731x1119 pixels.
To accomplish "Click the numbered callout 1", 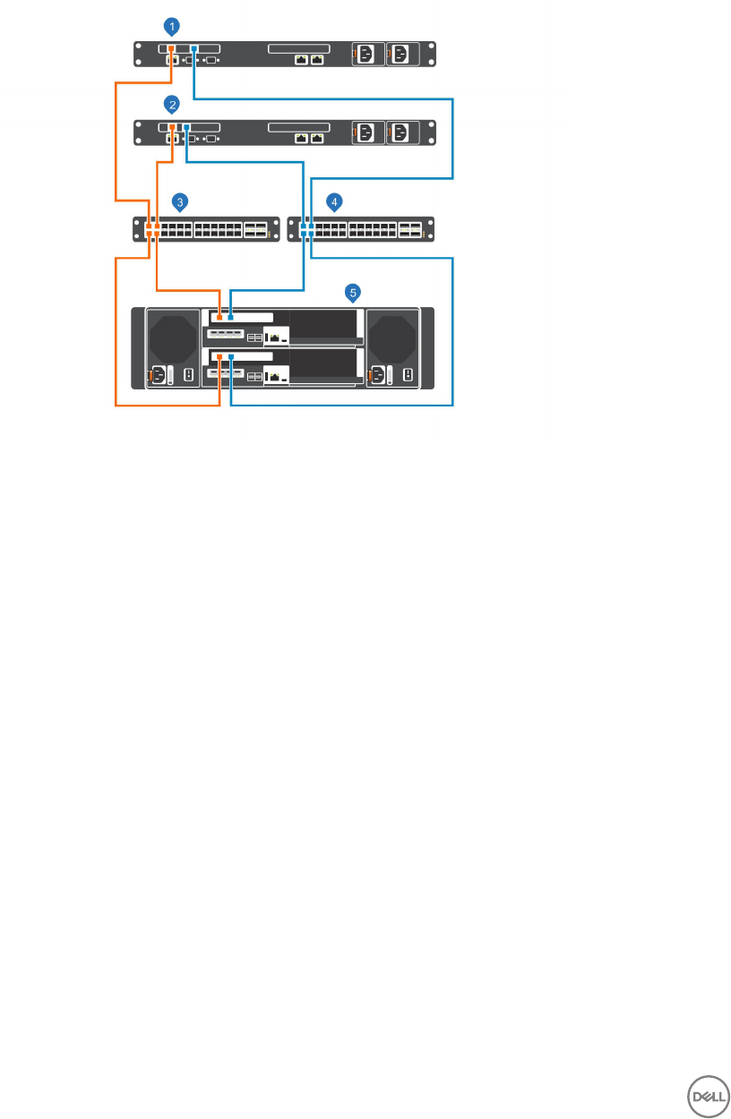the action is click(x=172, y=24).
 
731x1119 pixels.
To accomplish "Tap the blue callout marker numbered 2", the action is click(x=172, y=105).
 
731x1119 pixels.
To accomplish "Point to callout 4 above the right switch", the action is click(x=334, y=201).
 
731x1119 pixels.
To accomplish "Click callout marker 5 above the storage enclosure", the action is click(x=355, y=292).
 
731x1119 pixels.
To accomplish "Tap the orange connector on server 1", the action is click(x=172, y=49).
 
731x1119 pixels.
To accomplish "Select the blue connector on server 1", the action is click(x=193, y=49).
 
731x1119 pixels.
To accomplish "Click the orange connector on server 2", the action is click(x=172, y=128).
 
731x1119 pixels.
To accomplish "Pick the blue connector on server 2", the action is click(x=186, y=128).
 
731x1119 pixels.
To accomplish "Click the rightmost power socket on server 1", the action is click(x=400, y=55).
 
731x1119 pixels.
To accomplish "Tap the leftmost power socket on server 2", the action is click(x=366, y=133).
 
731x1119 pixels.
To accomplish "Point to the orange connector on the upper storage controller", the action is click(x=220, y=317).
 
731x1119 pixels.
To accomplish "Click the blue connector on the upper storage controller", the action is click(x=231, y=317).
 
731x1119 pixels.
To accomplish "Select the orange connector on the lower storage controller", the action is click(x=220, y=356).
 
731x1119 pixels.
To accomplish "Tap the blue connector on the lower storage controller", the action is click(x=231, y=356).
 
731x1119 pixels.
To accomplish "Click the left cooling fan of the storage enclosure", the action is click(x=171, y=337).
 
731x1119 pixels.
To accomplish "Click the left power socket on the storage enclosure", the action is click(x=159, y=376).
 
